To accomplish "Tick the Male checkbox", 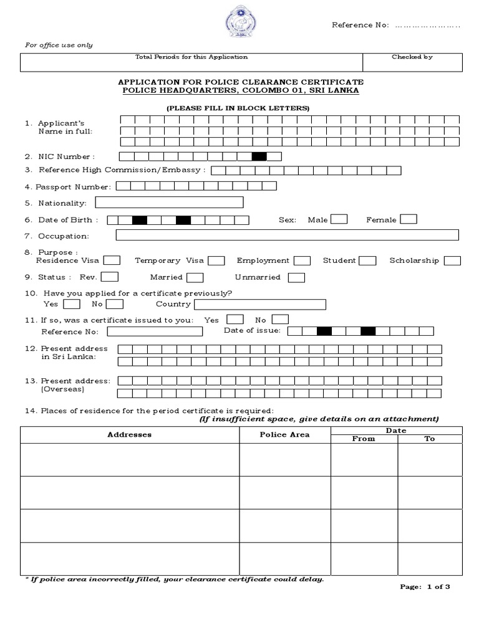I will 339,219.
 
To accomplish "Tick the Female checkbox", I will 409,219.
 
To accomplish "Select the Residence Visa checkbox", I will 112,260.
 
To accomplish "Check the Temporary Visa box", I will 216,260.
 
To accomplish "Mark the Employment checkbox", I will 302,260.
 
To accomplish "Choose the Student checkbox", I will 368,260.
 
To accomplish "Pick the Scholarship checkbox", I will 453,260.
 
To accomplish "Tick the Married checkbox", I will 195,277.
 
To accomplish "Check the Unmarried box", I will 297,277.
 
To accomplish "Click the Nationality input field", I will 169,202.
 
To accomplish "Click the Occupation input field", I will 287,235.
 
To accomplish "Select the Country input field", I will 260,304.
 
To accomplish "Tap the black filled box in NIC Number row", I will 259,156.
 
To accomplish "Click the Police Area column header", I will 284,434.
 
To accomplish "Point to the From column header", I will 364,439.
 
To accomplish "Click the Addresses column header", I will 130,434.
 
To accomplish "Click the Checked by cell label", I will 412,57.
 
